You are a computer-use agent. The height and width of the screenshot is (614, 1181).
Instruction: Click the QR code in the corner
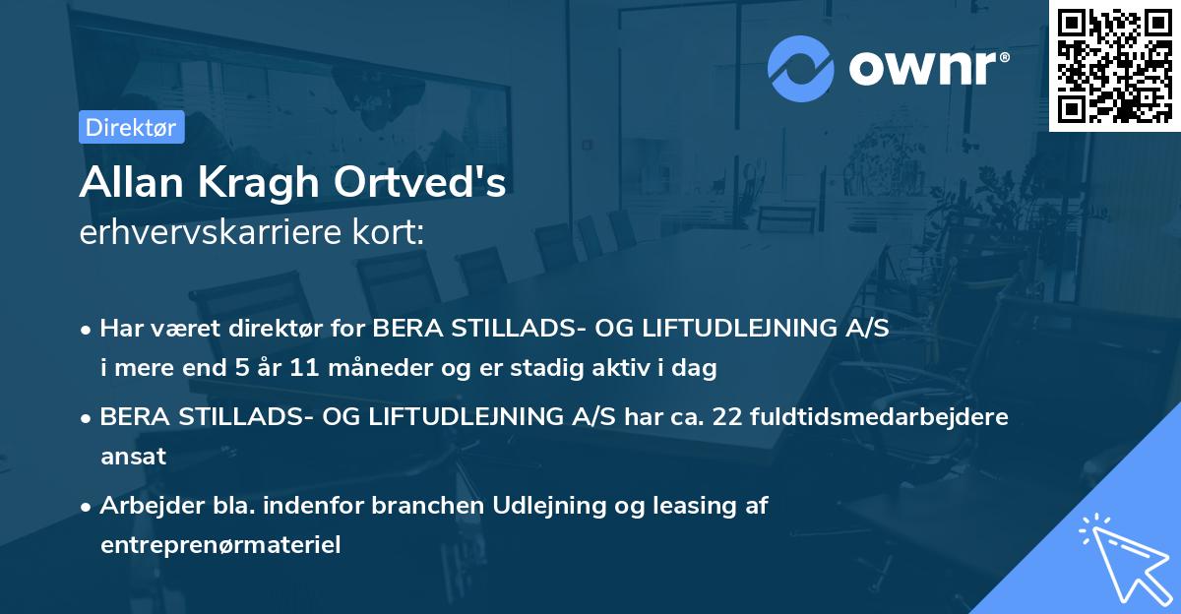pyautogui.click(x=1114, y=65)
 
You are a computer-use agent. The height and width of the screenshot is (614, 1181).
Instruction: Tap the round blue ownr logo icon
pyautogui.click(x=801, y=68)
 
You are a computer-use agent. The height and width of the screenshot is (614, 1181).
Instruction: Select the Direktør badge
pyautogui.click(x=131, y=127)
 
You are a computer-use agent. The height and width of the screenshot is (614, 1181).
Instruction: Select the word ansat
pyautogui.click(x=133, y=457)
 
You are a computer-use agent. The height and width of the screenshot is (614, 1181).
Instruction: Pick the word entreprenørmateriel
pyautogui.click(x=220, y=545)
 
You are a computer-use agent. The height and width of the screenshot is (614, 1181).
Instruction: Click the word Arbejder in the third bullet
pyautogui.click(x=141, y=506)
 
